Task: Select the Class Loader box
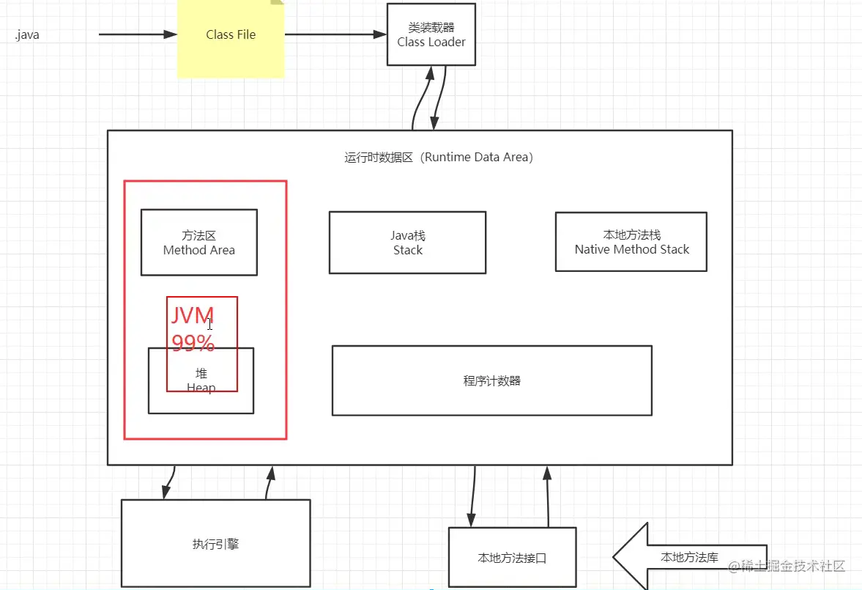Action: [431, 34]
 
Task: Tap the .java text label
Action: [27, 35]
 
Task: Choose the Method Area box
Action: [198, 243]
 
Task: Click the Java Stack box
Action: [407, 243]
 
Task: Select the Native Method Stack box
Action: [631, 242]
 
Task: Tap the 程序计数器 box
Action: [491, 380]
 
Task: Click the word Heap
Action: [201, 387]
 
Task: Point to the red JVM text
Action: [192, 316]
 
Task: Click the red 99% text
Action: [193, 343]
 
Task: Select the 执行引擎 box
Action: [215, 544]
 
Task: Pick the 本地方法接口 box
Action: [512, 558]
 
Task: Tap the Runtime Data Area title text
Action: [438, 157]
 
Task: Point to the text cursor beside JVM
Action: [210, 324]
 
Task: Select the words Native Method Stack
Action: [631, 249]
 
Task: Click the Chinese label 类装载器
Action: [431, 28]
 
